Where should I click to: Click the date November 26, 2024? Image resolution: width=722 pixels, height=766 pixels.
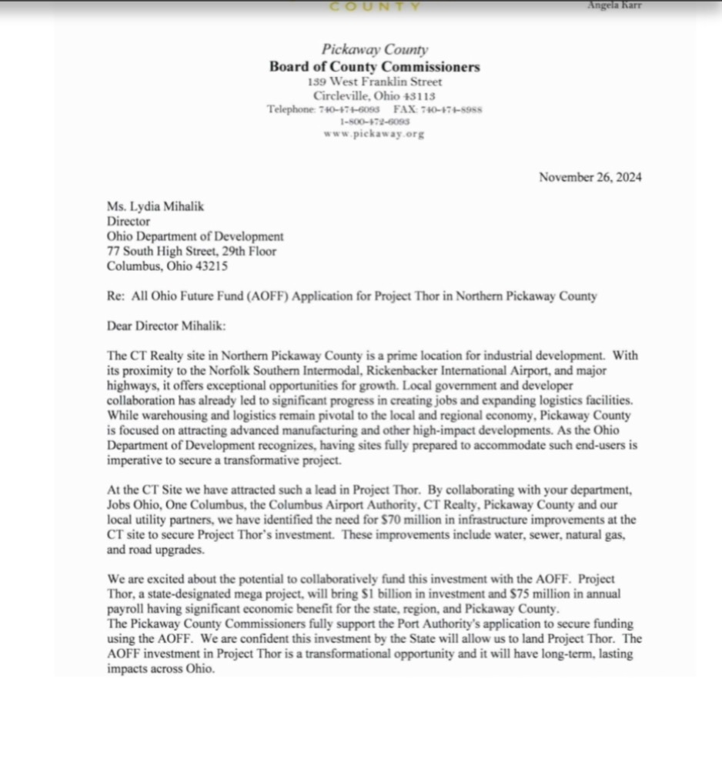[590, 177]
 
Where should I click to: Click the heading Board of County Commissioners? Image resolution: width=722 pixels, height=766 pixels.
[374, 67]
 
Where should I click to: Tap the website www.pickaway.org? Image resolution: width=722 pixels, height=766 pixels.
[374, 133]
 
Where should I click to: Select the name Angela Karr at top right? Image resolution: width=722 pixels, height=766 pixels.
[613, 5]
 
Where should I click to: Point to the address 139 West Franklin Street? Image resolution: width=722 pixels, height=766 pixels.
[374, 82]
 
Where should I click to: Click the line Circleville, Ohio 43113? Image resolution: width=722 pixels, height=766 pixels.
[374, 95]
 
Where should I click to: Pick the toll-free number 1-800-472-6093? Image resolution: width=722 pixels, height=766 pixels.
[374, 121]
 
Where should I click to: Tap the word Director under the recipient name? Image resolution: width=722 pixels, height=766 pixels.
[129, 222]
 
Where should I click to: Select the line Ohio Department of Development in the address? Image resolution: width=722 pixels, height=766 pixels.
[195, 236]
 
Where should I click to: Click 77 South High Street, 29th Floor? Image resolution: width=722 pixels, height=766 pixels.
[191, 251]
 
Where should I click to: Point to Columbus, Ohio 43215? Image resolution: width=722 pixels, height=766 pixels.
[167, 266]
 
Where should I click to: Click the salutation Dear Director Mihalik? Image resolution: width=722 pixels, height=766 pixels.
[167, 326]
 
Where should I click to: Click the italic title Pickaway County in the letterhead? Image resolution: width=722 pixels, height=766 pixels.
[374, 51]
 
